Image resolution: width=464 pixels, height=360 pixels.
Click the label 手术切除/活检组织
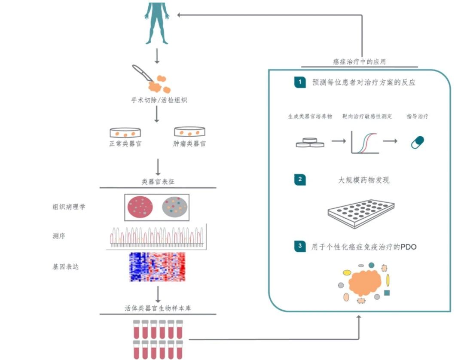(159, 101)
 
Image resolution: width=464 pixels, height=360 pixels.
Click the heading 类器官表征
(158, 182)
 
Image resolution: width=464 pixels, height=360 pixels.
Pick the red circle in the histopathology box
(140, 207)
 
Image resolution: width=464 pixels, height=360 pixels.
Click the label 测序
(59, 236)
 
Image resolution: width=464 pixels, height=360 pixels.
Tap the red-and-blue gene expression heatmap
(158, 267)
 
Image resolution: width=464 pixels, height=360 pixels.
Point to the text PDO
(408, 247)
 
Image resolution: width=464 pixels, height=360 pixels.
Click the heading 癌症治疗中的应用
(359, 61)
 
